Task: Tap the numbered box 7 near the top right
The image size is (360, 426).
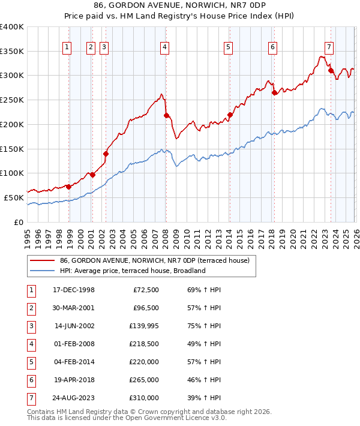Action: point(329,47)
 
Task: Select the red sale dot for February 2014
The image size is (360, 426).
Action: point(230,115)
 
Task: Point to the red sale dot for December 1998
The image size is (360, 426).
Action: point(68,187)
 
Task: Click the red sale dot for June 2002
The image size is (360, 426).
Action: point(106,154)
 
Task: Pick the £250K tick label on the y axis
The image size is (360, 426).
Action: point(12,100)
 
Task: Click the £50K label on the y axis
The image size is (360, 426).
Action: point(14,197)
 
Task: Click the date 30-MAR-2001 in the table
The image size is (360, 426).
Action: point(73,308)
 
